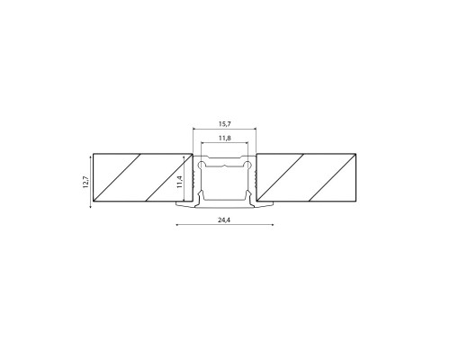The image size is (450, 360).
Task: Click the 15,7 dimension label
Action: pyautogui.click(x=225, y=123)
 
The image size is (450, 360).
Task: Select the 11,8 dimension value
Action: pyautogui.click(x=225, y=139)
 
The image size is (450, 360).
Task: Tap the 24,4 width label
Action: pyautogui.click(x=224, y=220)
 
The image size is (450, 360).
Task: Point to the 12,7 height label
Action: pyautogui.click(x=86, y=182)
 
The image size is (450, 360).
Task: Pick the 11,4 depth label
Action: pyautogui.click(x=180, y=182)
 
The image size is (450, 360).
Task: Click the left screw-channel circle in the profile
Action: pyautogui.click(x=202, y=164)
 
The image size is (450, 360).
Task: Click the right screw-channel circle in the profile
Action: pyautogui.click(x=247, y=164)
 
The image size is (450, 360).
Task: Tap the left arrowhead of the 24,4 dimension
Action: pyautogui.click(x=177, y=224)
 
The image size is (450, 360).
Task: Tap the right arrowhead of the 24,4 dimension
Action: pyautogui.click(x=272, y=224)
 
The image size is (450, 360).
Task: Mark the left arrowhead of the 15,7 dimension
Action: pyautogui.click(x=194, y=129)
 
